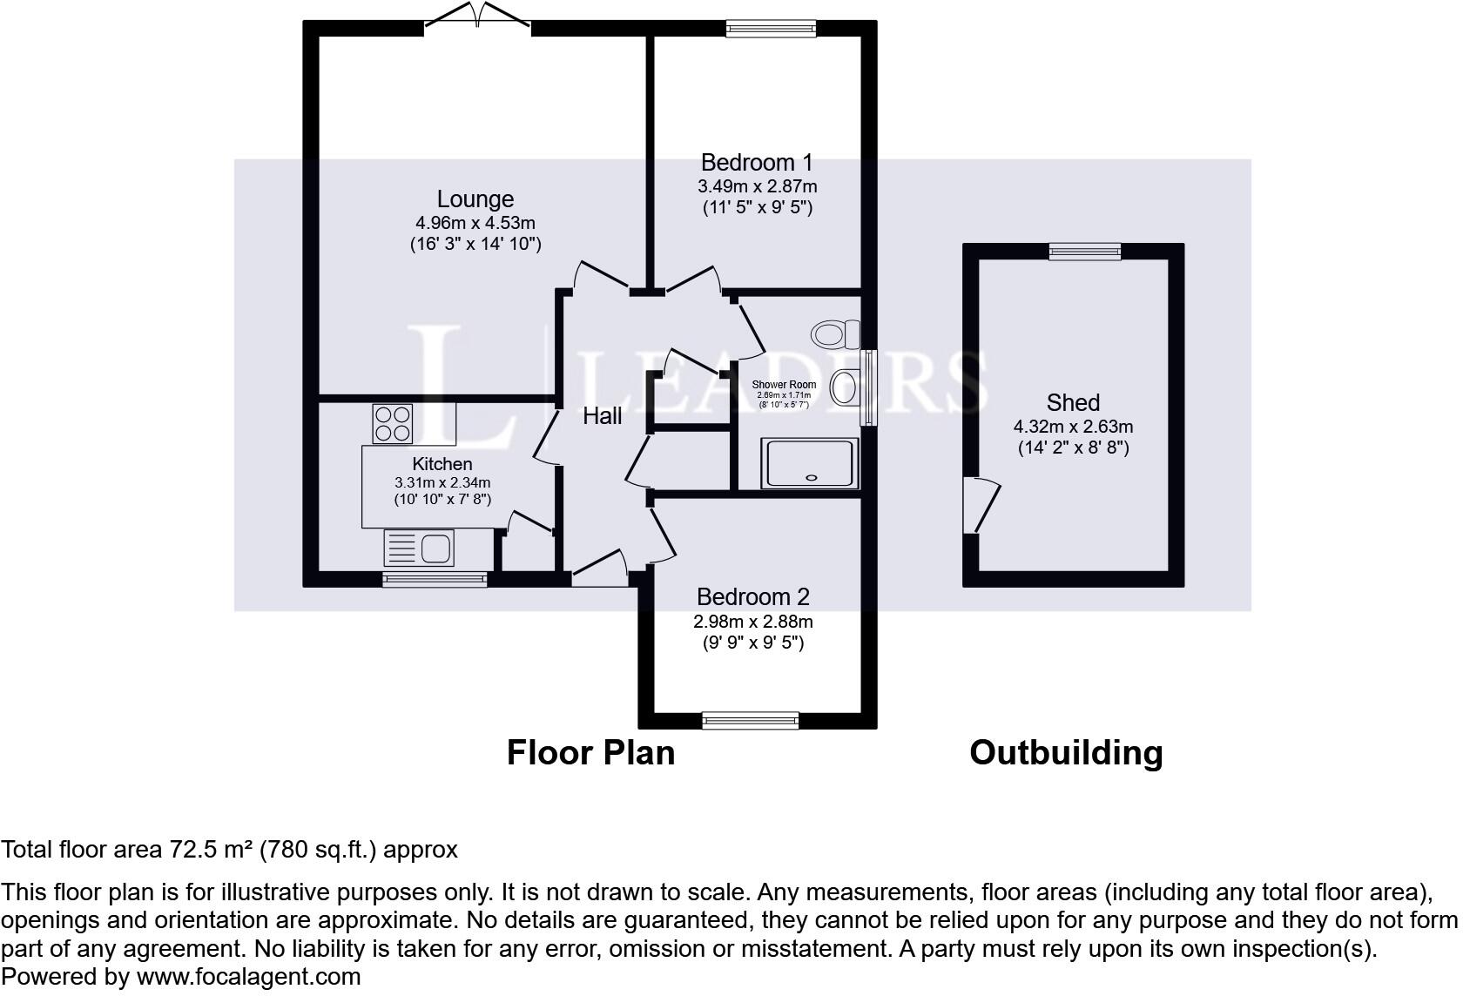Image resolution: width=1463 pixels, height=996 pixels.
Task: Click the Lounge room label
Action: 475,199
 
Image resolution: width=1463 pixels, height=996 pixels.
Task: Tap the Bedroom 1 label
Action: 756,163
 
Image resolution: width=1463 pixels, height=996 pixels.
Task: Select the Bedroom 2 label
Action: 752,597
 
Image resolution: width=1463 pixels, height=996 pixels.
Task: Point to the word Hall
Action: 602,416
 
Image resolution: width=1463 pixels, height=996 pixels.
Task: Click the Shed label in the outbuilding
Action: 1073,402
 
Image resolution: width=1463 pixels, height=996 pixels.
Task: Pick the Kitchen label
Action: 442,464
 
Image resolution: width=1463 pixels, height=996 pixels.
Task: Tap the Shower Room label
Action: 784,385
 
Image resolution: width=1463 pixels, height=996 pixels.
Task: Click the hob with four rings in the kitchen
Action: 392,423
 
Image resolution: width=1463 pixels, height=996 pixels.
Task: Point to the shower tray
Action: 811,462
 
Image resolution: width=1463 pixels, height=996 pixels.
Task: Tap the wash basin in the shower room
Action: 845,387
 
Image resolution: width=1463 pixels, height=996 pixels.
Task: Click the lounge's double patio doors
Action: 477,19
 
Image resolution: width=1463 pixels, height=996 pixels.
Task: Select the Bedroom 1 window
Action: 772,29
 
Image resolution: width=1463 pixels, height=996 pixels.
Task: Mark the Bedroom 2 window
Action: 750,720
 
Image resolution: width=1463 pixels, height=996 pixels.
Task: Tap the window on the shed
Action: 1084,252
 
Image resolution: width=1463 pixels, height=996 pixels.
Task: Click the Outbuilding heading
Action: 1066,752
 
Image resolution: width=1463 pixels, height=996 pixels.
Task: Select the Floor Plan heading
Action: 590,752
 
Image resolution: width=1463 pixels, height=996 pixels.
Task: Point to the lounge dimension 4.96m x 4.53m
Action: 475,223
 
